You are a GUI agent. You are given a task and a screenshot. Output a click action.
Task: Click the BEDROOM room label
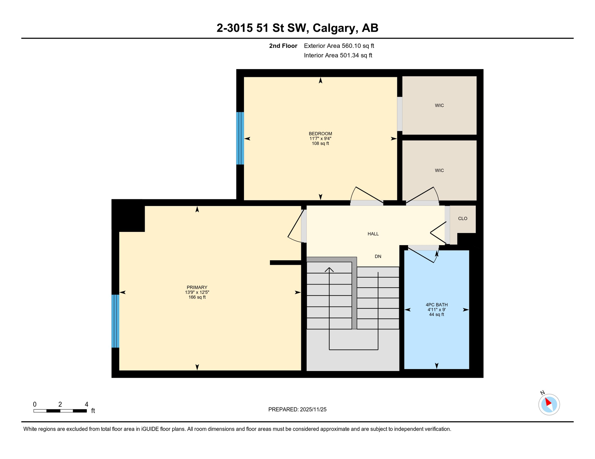click(320, 134)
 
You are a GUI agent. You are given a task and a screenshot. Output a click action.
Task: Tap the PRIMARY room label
click(197, 287)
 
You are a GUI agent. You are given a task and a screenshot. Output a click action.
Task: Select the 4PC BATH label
click(436, 305)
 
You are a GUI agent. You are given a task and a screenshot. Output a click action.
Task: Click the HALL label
click(373, 234)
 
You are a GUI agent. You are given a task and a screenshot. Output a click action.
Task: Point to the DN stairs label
click(378, 256)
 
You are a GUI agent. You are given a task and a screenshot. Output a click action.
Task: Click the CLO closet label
click(462, 218)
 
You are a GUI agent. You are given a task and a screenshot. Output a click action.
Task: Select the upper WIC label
click(439, 105)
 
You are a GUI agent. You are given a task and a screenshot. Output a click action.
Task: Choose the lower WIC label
click(439, 170)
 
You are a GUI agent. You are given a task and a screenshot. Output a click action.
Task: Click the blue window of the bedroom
click(240, 138)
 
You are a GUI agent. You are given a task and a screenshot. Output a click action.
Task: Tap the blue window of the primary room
click(115, 321)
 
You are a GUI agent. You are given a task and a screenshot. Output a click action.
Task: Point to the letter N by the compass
click(542, 393)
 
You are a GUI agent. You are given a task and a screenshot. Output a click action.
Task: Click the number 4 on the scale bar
click(86, 404)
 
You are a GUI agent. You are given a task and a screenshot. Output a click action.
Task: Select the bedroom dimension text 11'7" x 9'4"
click(320, 139)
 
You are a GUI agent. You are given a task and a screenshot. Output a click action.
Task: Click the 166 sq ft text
click(197, 297)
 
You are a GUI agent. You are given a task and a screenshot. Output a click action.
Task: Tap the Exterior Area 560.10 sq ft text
click(339, 46)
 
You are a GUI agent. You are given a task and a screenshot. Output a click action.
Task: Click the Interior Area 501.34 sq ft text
click(338, 55)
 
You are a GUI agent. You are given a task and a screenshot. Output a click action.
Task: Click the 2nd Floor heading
click(283, 46)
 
